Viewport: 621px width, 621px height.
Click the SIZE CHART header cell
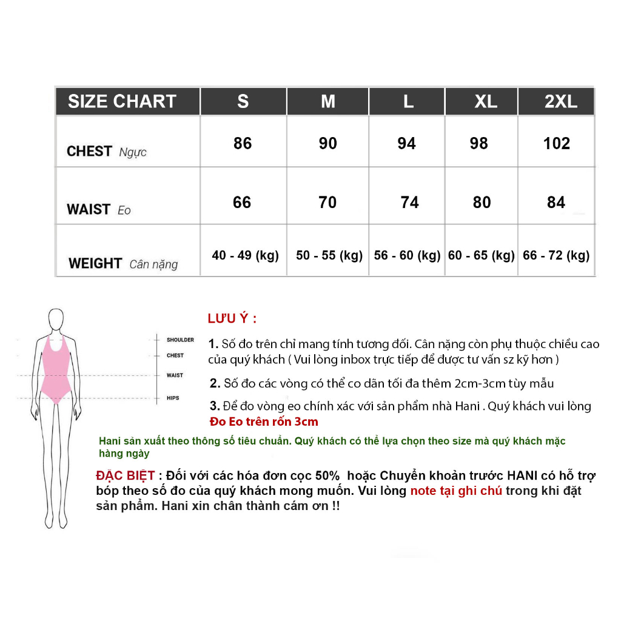[x=122, y=101]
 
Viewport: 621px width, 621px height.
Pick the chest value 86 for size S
[x=243, y=144]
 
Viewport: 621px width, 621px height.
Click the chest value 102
[x=557, y=144]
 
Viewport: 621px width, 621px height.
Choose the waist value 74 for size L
[x=409, y=203]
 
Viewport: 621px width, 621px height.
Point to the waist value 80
[x=482, y=203]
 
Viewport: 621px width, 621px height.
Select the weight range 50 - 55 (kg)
[x=329, y=256]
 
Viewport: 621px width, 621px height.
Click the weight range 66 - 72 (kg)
[x=556, y=256]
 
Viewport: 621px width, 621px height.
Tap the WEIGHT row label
[x=95, y=263]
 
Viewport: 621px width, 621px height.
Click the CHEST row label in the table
[x=89, y=151]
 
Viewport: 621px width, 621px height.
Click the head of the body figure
[x=56, y=319]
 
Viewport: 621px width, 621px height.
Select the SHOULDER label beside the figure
[x=180, y=340]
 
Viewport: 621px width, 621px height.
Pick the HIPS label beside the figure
[x=173, y=398]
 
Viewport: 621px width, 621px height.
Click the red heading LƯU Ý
[x=232, y=319]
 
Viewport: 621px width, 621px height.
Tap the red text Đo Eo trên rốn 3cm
[x=263, y=421]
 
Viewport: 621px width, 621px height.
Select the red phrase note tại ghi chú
[x=456, y=491]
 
